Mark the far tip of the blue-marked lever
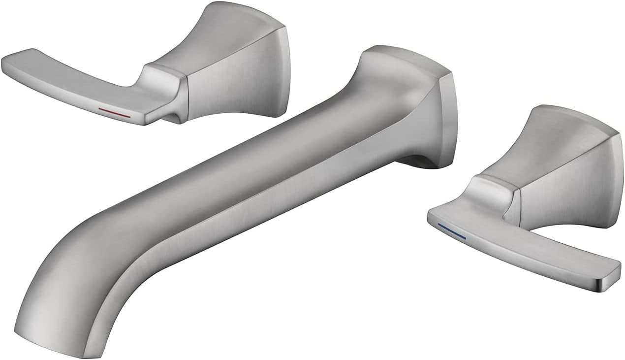(610, 276)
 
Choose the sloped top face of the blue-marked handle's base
(566, 138)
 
